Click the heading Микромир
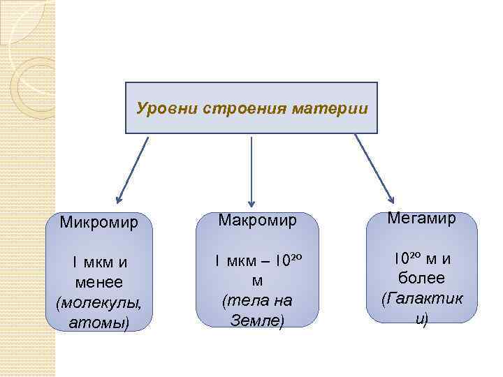click(x=99, y=223)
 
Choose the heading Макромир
click(x=258, y=221)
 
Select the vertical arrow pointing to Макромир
click(x=251, y=171)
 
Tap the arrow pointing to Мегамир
click(x=374, y=171)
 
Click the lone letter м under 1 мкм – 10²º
click(x=257, y=281)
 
